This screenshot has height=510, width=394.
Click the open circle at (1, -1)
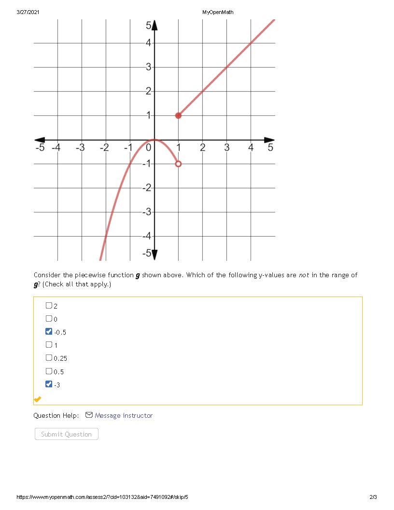[178, 164]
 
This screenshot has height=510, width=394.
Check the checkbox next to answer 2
[49, 305]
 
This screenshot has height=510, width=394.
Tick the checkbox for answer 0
[49, 318]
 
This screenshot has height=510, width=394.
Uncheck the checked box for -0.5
[49, 331]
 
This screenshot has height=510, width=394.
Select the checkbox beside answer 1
[49, 344]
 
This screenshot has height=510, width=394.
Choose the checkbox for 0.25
[49, 358]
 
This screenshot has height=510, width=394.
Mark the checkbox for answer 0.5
[49, 371]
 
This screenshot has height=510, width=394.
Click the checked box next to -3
[49, 384]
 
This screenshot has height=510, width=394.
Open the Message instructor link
[124, 415]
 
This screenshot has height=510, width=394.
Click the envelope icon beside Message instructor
[89, 415]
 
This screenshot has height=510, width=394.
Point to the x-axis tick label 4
[251, 147]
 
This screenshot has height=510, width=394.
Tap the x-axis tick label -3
[80, 147]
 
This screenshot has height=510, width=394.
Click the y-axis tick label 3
[149, 67]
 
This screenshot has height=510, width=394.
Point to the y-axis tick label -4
[147, 236]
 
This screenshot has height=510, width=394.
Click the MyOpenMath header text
[218, 12]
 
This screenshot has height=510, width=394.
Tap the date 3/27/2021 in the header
[28, 12]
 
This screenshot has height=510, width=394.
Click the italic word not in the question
[304, 275]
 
